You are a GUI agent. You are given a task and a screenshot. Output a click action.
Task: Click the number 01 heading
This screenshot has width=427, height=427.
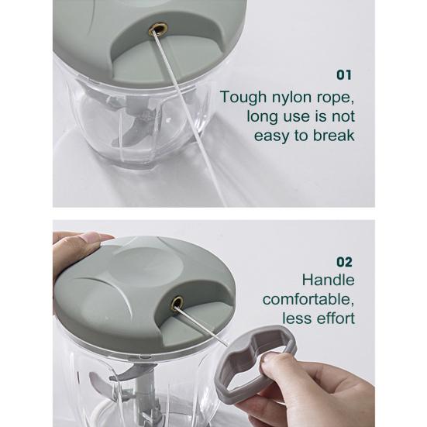click(x=344, y=74)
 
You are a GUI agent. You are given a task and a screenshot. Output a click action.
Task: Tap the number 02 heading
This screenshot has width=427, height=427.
click(x=345, y=262)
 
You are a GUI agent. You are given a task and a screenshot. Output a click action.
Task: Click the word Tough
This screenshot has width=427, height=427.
click(x=243, y=98)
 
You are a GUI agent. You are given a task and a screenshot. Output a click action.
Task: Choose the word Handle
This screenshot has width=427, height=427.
click(x=328, y=280)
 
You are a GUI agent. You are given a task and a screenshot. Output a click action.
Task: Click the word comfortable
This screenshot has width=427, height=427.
click(x=308, y=299)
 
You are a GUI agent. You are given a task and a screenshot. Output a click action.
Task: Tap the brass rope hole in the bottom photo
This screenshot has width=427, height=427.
click(x=177, y=303)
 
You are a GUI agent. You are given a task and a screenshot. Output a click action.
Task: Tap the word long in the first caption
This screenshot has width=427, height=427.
click(x=263, y=117)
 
